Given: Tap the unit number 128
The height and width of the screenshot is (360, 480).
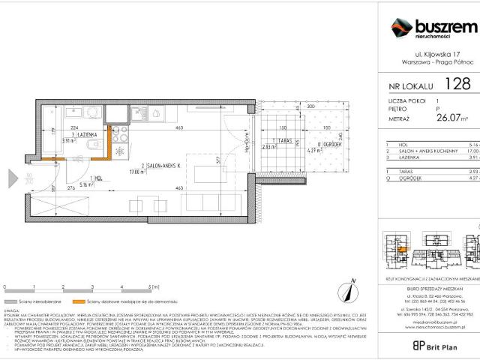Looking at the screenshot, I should (x=454, y=86).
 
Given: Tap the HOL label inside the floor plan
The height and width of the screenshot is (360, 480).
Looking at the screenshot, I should (x=79, y=178).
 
